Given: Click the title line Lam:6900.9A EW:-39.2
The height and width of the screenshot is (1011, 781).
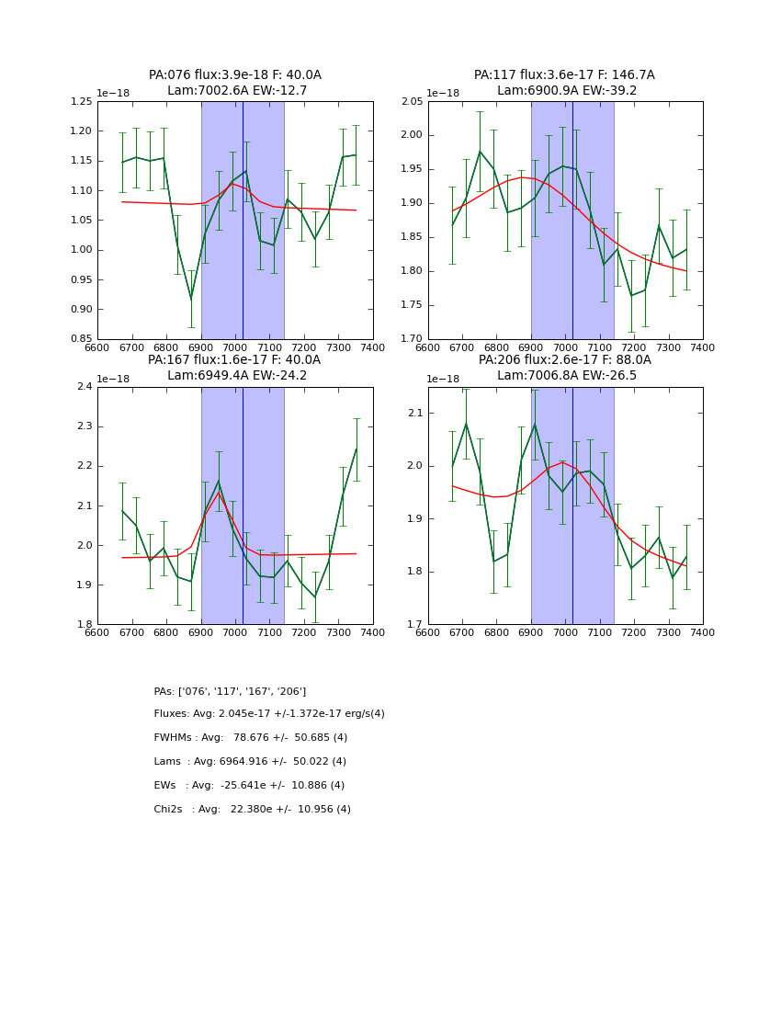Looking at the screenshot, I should coord(565,91).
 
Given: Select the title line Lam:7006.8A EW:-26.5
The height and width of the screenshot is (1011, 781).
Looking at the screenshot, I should coord(565,376).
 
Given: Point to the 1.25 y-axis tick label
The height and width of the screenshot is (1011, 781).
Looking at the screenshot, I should coord(82,102).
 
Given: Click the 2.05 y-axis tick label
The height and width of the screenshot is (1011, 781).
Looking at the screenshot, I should coord(412,102).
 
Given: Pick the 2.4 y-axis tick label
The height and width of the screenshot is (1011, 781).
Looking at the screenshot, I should coord(85,387).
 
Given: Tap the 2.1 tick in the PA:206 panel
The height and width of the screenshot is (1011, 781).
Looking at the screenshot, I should coord(416,413).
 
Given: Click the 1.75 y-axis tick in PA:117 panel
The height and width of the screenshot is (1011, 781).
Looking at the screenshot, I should coord(412,305).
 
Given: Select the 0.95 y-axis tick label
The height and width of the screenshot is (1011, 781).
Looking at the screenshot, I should coord(82,279).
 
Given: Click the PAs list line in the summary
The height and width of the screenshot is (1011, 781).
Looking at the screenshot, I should coord(230,691).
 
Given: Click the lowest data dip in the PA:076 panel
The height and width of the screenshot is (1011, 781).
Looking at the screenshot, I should coord(191,299).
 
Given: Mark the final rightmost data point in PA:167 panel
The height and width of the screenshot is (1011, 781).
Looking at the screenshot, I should coord(357,449).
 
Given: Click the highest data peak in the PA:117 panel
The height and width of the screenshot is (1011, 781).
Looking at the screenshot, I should coord(480,152).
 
